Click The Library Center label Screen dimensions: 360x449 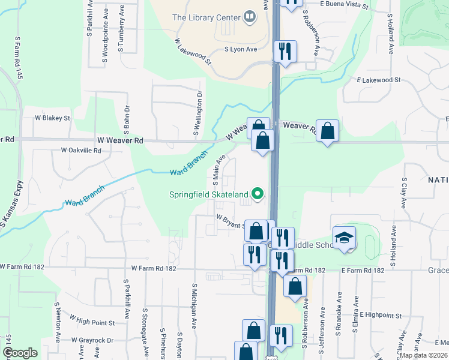[x=206, y=17]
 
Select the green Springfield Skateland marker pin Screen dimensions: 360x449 [x=258, y=193]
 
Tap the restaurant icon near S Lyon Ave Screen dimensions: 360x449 [x=285, y=52]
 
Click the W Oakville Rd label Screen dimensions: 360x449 [x=81, y=151]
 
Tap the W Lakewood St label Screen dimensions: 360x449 [x=193, y=52]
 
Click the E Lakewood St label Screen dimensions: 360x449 [x=378, y=80]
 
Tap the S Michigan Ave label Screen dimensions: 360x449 [x=194, y=305]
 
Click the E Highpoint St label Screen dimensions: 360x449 [x=381, y=314]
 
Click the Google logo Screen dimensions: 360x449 [x=20, y=353]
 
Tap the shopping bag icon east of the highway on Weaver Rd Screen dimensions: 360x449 [x=327, y=131]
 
